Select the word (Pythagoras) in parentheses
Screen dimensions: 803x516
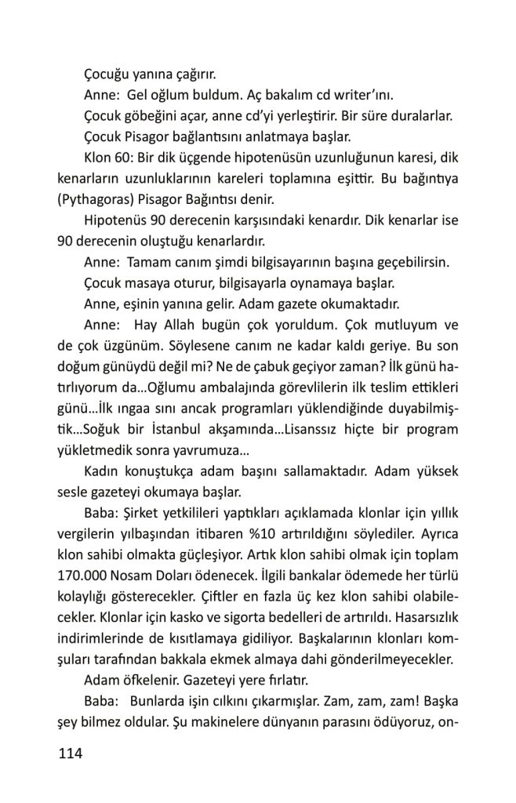point(93,198)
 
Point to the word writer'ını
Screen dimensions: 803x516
point(365,96)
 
